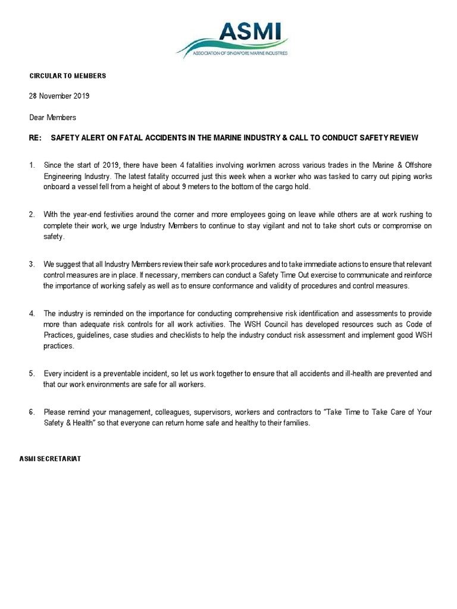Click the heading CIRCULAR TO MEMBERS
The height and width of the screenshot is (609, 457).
pos(68,76)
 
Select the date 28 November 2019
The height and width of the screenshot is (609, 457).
pos(60,96)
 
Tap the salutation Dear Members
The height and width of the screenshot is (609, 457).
pos(53,117)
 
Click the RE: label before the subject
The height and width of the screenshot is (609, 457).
pos(35,137)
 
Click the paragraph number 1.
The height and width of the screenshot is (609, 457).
pos(32,165)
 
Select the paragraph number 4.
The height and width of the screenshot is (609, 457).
pos(32,313)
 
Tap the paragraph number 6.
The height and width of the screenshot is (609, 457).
pos(32,412)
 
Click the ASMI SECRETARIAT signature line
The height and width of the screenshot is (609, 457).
pos(51,459)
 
